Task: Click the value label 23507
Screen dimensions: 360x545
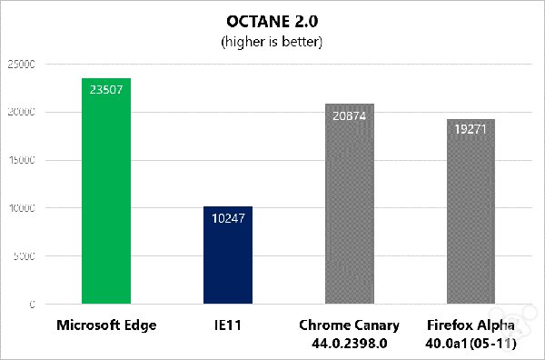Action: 106,89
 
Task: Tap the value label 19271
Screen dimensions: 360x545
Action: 471,130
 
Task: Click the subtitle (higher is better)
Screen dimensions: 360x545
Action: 272,42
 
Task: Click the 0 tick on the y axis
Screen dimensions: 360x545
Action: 32,304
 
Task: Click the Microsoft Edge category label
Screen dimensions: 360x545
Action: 106,325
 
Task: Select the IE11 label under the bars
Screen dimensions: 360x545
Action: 228,325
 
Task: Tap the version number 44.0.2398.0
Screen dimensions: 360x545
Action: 349,342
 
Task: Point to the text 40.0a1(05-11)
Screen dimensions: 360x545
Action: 471,342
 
